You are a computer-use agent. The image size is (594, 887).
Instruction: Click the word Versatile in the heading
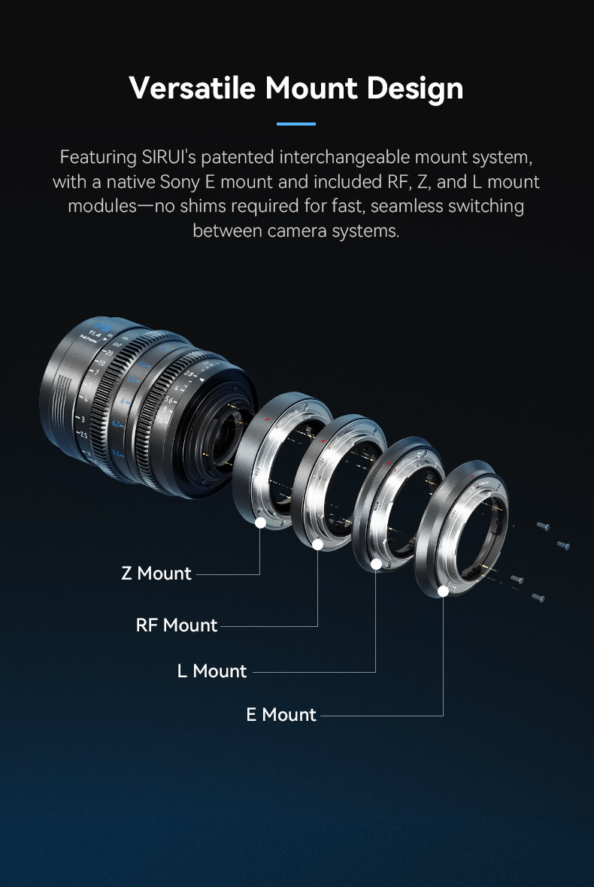pyautogui.click(x=192, y=88)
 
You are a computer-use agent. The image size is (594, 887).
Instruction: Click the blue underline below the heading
pyautogui.click(x=295, y=123)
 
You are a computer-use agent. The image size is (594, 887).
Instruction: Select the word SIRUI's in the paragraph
pyautogui.click(x=168, y=156)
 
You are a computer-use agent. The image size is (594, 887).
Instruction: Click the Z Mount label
pyautogui.click(x=156, y=573)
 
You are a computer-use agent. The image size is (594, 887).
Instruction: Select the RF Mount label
pyautogui.click(x=177, y=625)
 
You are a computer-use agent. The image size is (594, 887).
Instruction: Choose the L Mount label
pyautogui.click(x=212, y=671)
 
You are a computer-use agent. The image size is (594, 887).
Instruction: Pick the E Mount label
pyautogui.click(x=281, y=714)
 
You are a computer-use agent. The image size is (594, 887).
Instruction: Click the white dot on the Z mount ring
pyautogui.click(x=260, y=522)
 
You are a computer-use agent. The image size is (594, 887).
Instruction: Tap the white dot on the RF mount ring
pyautogui.click(x=318, y=544)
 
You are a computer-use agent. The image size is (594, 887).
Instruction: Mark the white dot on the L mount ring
pyautogui.click(x=376, y=564)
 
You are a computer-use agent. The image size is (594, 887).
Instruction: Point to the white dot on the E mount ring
pyautogui.click(x=444, y=591)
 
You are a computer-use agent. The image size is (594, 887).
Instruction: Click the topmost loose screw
pyautogui.click(x=543, y=526)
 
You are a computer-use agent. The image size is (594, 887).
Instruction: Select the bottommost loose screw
pyautogui.click(x=538, y=597)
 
